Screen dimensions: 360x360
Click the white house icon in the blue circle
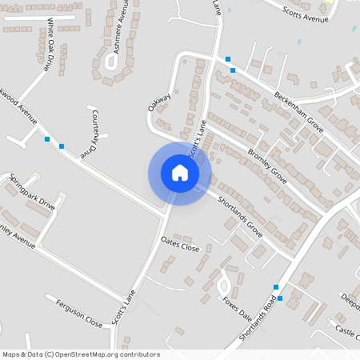pos(180,173)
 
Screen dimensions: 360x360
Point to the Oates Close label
pos(180,243)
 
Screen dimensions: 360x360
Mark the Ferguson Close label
pos(79,313)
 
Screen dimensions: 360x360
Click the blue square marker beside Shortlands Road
pos(277,287)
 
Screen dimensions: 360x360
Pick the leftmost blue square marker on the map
pos(47,140)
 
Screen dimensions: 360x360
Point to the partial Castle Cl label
pos(347,330)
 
